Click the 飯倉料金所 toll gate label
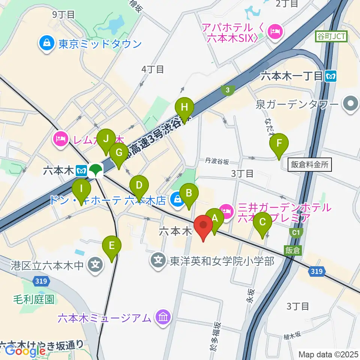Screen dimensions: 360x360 310,164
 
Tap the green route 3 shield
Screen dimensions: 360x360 227,90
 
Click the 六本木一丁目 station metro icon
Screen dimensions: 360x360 331,76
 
